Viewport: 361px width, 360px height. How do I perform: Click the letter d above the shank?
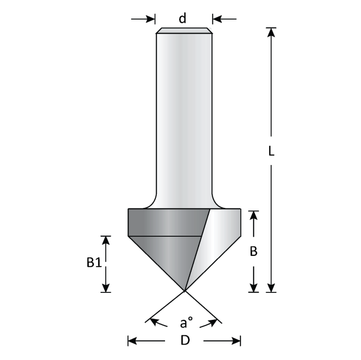coord(182,19)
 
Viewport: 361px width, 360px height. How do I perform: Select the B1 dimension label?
coord(93,264)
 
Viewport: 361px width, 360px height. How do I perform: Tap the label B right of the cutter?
coord(253,251)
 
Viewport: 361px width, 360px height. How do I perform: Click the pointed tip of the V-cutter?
coord(184,291)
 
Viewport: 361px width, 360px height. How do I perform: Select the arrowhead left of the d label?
coord(151,19)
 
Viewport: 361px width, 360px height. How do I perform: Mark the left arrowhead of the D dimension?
coord(132,340)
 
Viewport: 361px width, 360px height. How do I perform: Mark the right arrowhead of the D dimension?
coord(237,340)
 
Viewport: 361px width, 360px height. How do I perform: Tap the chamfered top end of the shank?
coord(184,30)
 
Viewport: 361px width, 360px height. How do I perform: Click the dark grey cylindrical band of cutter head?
coord(165,222)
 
